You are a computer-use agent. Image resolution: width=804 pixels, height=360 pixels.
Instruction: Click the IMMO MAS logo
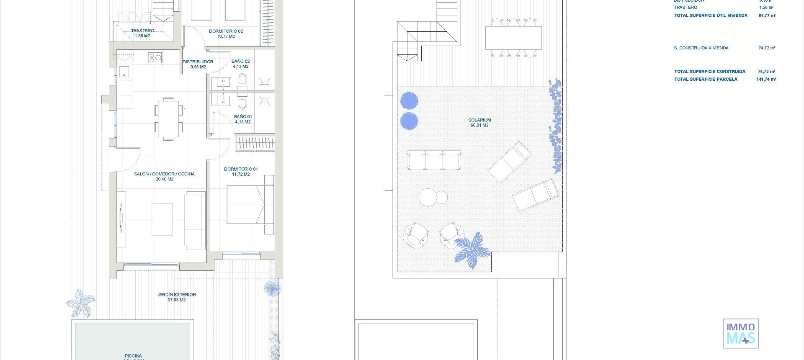point(740,333)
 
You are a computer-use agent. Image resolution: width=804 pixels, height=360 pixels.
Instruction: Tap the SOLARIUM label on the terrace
point(479,120)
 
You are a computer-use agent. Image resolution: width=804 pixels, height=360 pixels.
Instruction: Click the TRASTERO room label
point(142,31)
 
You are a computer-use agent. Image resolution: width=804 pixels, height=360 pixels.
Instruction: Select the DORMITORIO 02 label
point(226,31)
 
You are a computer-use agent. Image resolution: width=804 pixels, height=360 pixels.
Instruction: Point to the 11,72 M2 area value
point(241,175)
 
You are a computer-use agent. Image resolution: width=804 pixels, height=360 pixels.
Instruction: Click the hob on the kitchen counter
point(155,57)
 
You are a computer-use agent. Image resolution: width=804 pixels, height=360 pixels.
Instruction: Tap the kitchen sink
point(124,72)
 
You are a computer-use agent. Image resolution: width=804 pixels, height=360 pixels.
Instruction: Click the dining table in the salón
point(168,118)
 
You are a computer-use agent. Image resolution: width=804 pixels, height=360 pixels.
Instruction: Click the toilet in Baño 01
point(242,102)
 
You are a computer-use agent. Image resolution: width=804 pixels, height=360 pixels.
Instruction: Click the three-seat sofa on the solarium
point(433,160)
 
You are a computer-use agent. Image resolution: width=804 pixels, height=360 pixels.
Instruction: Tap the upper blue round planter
point(409,100)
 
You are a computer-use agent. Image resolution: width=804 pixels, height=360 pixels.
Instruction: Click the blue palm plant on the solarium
point(472,249)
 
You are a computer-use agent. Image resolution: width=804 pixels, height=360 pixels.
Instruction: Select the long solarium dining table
point(513,38)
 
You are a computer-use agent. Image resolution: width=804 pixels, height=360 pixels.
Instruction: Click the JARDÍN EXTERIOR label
point(177,295)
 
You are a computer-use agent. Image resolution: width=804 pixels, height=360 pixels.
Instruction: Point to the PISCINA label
point(133,356)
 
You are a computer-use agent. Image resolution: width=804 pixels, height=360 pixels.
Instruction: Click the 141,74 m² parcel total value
point(766,79)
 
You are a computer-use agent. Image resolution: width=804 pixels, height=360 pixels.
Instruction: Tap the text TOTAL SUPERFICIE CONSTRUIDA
point(709,72)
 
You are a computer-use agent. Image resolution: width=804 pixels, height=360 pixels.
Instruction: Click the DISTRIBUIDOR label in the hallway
point(198,62)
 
